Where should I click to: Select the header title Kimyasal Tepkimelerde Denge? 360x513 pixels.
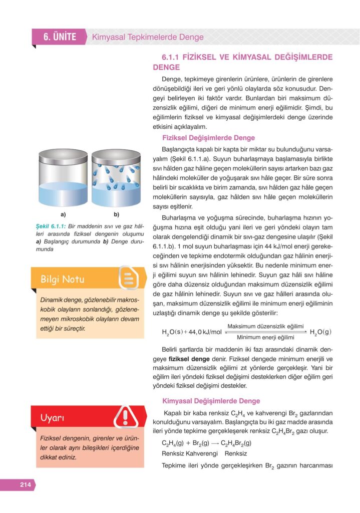click(x=148, y=37)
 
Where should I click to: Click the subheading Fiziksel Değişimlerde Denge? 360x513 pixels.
click(x=208, y=138)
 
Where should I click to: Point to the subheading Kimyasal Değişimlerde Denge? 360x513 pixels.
click(x=211, y=401)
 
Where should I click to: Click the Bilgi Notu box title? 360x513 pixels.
click(x=63, y=280)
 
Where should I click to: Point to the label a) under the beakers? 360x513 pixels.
click(x=63, y=215)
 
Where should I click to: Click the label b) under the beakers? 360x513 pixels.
click(x=116, y=215)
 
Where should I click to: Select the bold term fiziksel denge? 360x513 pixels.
click(x=189, y=359)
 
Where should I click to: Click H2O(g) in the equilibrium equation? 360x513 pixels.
click(x=320, y=332)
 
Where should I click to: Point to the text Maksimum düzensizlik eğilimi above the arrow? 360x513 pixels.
click(x=265, y=326)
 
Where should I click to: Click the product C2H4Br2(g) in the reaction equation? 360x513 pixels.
click(x=236, y=443)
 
